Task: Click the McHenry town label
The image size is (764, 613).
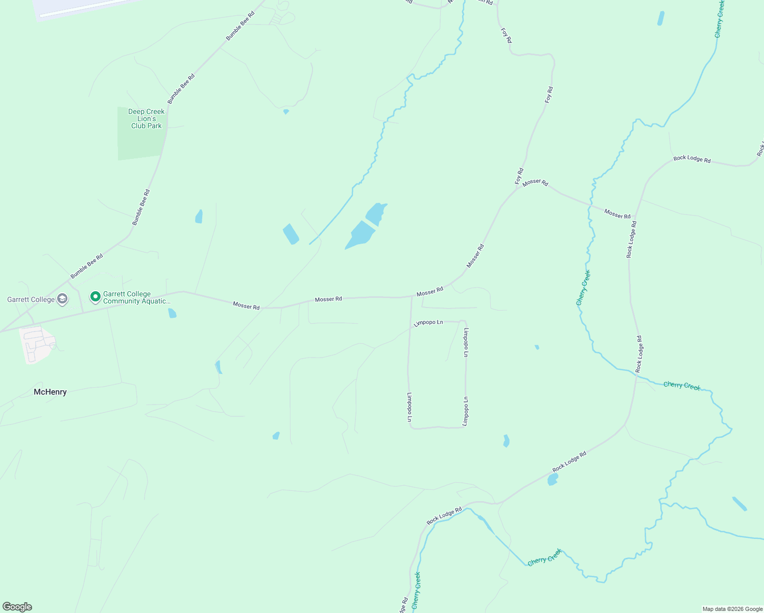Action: click(x=50, y=392)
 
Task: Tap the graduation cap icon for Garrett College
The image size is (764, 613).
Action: click(x=62, y=299)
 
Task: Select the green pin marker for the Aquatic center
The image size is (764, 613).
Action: click(x=95, y=296)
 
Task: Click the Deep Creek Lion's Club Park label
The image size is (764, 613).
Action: click(x=147, y=119)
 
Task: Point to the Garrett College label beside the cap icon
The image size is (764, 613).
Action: click(x=31, y=299)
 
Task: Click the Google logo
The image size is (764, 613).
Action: click(x=17, y=607)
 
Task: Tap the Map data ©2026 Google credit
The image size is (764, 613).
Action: click(x=732, y=609)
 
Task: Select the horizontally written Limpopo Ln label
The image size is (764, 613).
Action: click(x=428, y=323)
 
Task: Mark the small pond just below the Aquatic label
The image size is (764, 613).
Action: click(x=172, y=313)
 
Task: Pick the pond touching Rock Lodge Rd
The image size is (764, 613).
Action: click(x=552, y=479)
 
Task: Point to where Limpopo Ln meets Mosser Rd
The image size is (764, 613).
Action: click(x=412, y=296)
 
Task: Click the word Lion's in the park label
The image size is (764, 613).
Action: click(x=147, y=119)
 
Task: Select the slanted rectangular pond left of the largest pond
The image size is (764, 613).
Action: click(x=291, y=234)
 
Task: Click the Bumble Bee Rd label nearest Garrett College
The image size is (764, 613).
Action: click(x=86, y=266)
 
